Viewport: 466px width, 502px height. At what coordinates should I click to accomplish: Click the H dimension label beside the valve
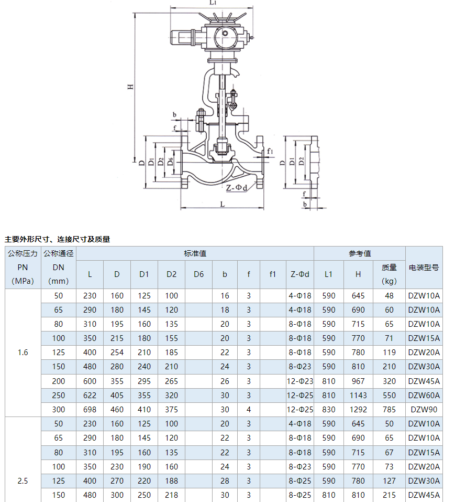(x=130, y=87)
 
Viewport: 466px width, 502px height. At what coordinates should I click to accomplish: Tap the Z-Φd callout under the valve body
(x=237, y=188)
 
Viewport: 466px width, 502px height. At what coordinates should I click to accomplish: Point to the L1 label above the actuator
(x=213, y=3)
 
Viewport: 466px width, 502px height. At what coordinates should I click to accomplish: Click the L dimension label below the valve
(x=223, y=204)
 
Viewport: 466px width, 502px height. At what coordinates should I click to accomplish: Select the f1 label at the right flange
(x=270, y=151)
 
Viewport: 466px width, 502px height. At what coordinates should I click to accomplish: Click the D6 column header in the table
(x=198, y=274)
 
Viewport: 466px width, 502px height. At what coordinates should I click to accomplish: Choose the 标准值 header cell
(x=195, y=253)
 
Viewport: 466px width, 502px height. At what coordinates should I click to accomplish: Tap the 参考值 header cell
(x=360, y=253)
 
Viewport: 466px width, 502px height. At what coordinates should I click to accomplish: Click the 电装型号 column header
(x=424, y=268)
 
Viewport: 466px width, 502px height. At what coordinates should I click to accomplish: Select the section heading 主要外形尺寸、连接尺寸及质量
(x=57, y=239)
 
